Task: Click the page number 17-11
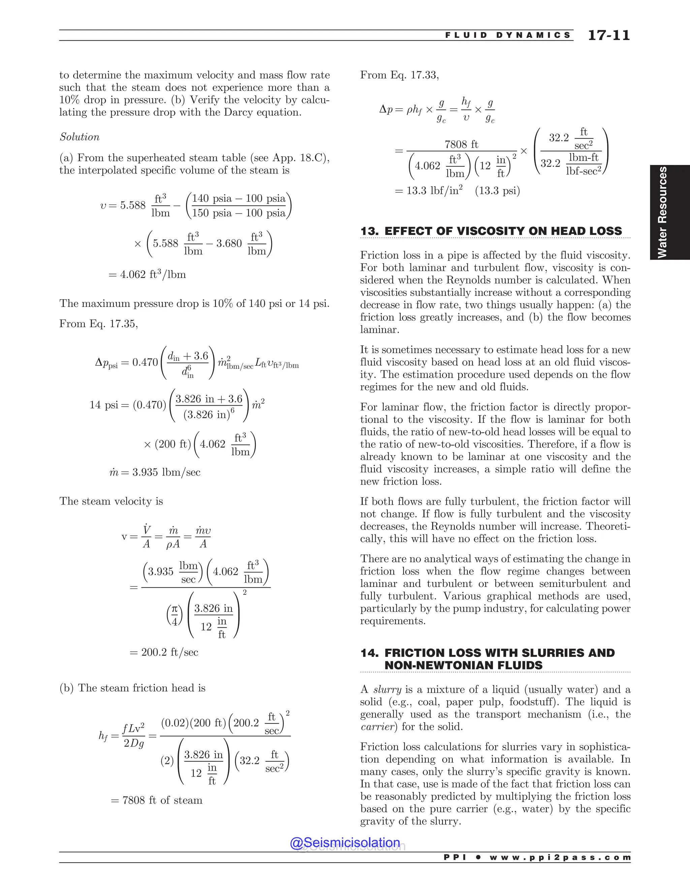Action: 609,36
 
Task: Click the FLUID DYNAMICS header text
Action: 508,36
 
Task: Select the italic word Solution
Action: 80,137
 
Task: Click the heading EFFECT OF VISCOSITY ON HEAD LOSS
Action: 503,231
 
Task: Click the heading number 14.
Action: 369,653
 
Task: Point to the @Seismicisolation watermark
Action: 345,843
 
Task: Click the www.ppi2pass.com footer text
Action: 560,857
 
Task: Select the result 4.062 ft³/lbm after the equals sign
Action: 153,274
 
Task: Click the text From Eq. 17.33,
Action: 399,75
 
